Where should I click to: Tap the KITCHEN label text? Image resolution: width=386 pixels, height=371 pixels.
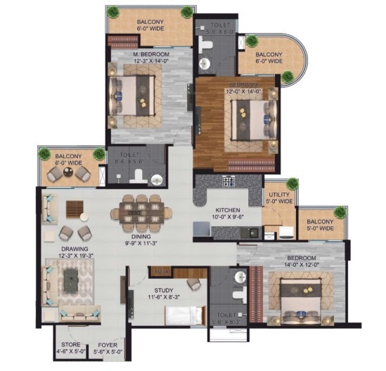click(x=229, y=210)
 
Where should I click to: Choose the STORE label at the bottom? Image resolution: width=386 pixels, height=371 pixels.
click(x=69, y=345)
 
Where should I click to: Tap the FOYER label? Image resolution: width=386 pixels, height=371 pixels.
click(x=107, y=345)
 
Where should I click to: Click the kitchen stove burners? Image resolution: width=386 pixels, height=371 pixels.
click(x=228, y=181)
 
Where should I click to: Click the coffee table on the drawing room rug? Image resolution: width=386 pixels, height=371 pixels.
click(x=72, y=280)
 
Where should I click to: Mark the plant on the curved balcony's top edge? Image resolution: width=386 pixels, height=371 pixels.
click(x=251, y=41)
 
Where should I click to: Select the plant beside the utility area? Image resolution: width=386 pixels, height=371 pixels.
click(x=291, y=184)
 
